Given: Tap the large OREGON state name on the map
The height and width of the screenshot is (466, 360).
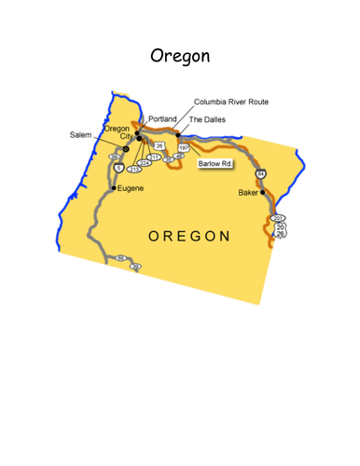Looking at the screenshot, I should pos(190,235).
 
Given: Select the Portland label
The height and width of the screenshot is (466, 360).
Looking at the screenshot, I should pos(162,119).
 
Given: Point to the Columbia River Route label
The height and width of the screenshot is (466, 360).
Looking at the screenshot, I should pos(231,102).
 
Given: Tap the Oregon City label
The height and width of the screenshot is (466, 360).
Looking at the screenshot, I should pos(117,132).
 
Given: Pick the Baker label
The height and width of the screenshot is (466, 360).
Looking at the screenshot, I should pos(248,193).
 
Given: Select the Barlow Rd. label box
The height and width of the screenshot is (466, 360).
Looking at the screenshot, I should pos(215,164).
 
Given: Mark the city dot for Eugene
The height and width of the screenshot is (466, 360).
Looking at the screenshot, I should pos(114,187).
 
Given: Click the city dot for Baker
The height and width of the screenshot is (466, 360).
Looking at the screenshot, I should pos(263,193).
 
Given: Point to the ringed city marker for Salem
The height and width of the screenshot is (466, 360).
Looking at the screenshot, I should pos(126,147).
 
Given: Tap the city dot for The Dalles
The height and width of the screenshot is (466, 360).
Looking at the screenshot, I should pos(178,134).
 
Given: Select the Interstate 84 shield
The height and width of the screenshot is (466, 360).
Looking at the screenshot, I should pos(261,174).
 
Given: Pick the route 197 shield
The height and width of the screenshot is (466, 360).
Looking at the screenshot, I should pos(185,147).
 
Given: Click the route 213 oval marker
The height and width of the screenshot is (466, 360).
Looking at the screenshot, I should pos(133,170).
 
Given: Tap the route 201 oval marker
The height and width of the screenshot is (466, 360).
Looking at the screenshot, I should pos(277,218).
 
